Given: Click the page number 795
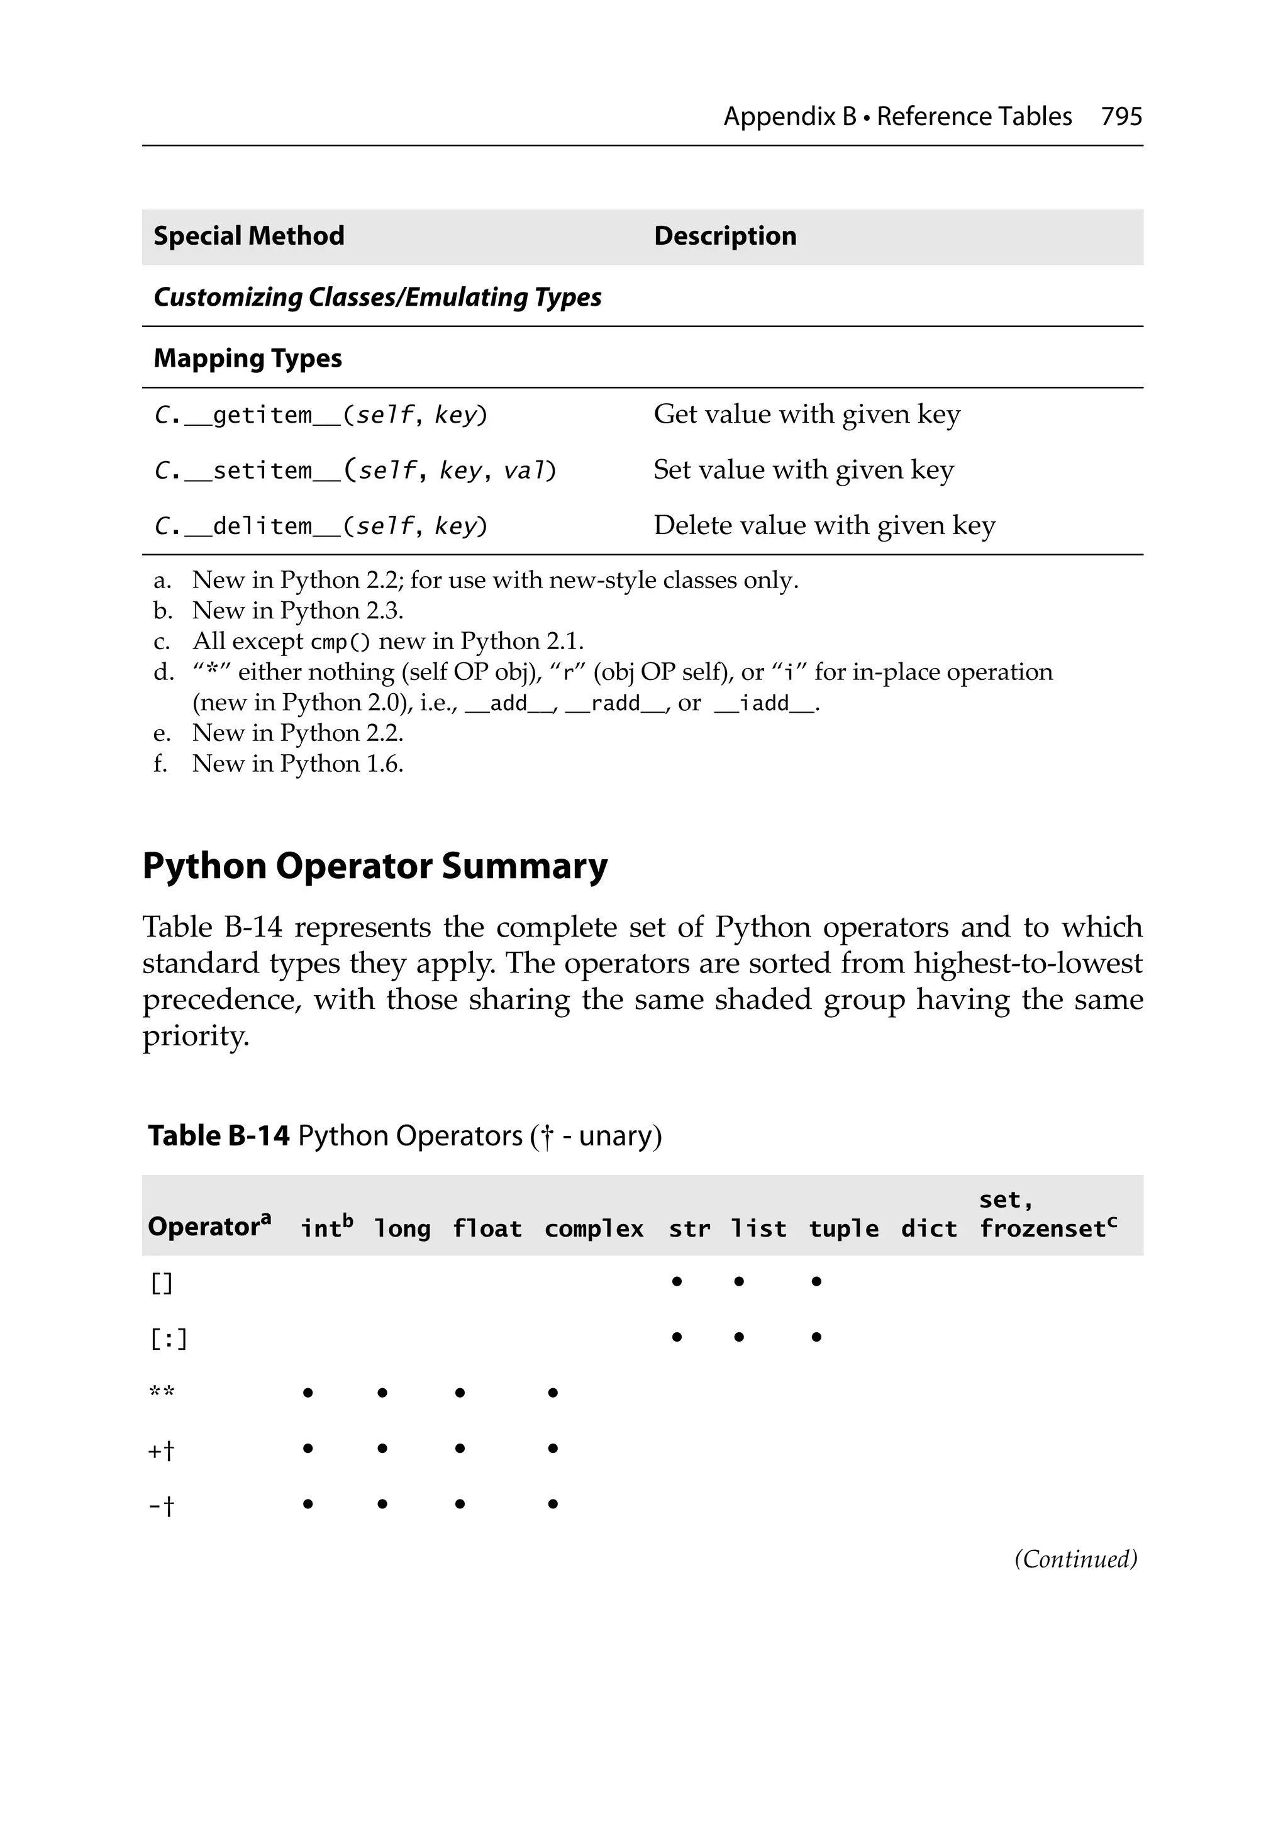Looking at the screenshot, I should pyautogui.click(x=1121, y=117).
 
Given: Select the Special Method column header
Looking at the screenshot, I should pyautogui.click(x=249, y=236).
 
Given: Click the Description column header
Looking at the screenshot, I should pyautogui.click(x=724, y=236).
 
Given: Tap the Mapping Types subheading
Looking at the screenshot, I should pyautogui.click(x=247, y=358).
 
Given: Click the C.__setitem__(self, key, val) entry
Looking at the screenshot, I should pyautogui.click(x=355, y=470).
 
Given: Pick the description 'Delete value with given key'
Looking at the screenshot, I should pyautogui.click(x=823, y=526).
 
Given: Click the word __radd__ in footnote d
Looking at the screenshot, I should pyautogui.click(x=614, y=703).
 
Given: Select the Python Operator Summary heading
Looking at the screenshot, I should pyautogui.click(x=374, y=867).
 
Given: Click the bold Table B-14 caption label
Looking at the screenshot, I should pyautogui.click(x=218, y=1136).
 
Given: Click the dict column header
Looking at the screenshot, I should pyautogui.click(x=928, y=1229).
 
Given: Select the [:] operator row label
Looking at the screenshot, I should pyautogui.click(x=169, y=1339).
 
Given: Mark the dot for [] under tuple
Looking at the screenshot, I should pyautogui.click(x=816, y=1281).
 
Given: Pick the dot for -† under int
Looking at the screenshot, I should pyautogui.click(x=308, y=1503).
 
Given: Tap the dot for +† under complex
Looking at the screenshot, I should pyautogui.click(x=552, y=1448).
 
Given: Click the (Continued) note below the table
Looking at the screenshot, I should pyautogui.click(x=1075, y=1559).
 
